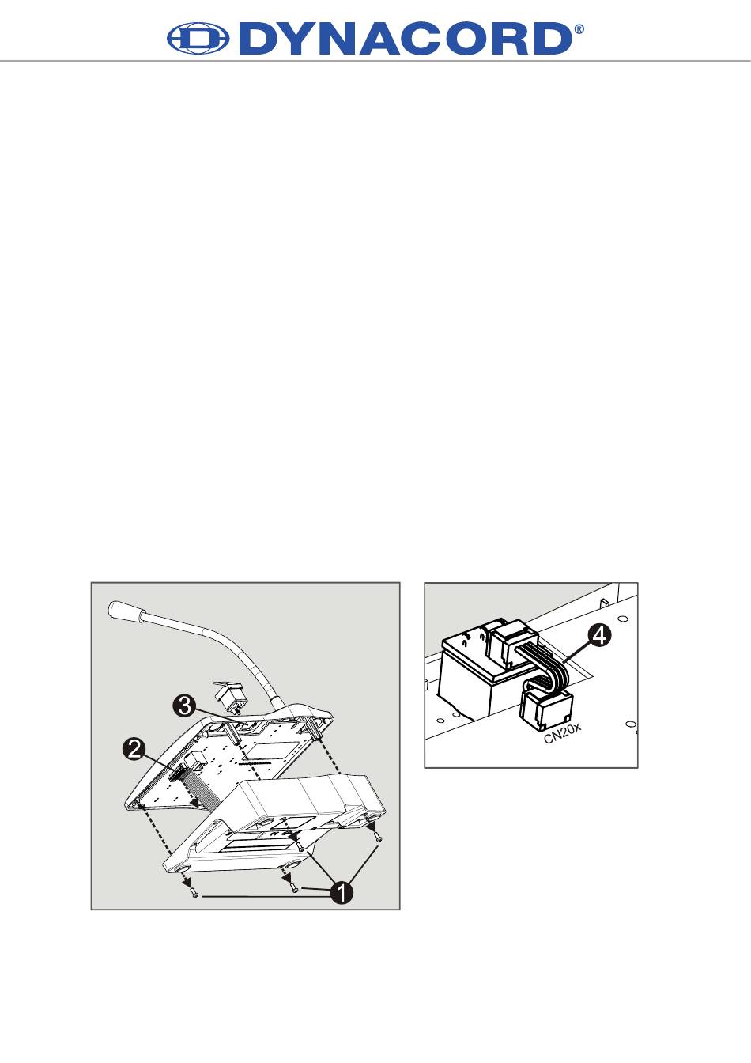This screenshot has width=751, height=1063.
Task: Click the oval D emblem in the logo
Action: pos(198,39)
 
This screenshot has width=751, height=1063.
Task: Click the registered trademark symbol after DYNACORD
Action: pos(579,29)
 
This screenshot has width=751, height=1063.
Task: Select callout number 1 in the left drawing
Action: pos(342,893)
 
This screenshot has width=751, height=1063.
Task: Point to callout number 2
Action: pos(134,750)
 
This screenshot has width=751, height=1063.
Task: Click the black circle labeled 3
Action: pos(183,706)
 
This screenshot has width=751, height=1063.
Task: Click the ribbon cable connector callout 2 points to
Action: pos(177,773)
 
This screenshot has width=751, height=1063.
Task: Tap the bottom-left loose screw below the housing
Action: pos(194,895)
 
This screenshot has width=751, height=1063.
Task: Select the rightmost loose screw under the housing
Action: pos(378,838)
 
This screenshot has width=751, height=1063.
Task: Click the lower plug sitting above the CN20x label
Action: pos(547,709)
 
